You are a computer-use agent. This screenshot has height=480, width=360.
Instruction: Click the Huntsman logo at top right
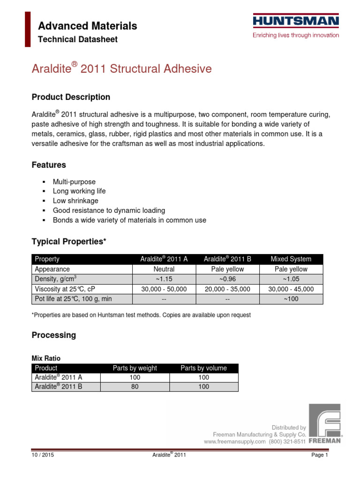coord(296,21)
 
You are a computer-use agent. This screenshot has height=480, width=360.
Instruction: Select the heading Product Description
coord(71,97)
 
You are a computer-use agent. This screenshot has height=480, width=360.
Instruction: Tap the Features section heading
coord(49,165)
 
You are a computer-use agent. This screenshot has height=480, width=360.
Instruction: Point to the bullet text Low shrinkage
coord(75,201)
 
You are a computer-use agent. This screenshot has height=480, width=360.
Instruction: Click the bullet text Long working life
coord(79,191)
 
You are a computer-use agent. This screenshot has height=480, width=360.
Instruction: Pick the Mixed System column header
coord(291,259)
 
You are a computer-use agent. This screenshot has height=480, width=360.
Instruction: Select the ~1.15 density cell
coord(164,279)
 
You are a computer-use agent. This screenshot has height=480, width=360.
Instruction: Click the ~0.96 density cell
coord(227,279)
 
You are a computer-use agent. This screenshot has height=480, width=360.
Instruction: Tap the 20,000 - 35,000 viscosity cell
coord(227,289)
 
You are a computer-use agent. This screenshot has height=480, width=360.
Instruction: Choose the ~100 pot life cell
coord(291,299)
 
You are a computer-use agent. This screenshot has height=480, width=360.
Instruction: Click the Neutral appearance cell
coord(164,269)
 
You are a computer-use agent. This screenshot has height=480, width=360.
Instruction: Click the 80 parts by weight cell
coord(135,387)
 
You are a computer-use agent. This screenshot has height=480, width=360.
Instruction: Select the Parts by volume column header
coord(203,368)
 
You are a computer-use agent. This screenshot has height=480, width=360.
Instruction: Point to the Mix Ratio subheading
coord(46,358)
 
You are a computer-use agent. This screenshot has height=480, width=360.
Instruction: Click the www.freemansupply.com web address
coord(235,442)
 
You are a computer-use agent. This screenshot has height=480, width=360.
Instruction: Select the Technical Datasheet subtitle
coord(78,39)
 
